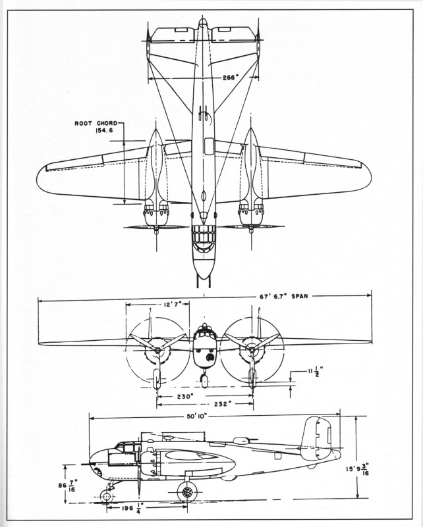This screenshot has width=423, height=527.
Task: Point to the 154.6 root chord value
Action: pyautogui.click(x=99, y=132)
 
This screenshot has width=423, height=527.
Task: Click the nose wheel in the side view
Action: pyautogui.click(x=107, y=495)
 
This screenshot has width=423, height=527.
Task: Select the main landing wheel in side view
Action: pyautogui.click(x=188, y=491)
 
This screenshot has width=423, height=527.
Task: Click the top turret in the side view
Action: pyautogui.click(x=240, y=439)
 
